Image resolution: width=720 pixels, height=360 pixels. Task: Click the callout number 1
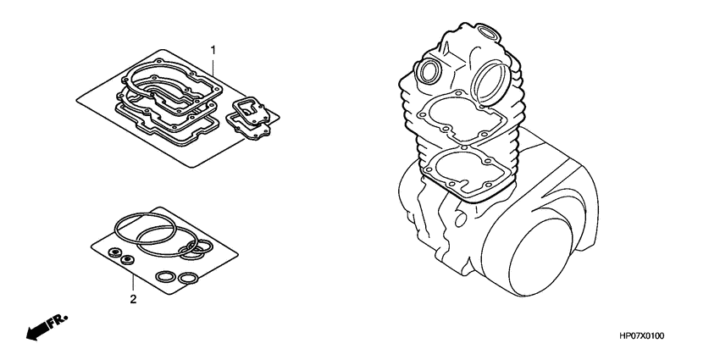coord(213,47)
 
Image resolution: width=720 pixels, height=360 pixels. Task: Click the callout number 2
coord(133,298)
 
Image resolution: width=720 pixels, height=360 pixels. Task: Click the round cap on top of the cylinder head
coord(489,34)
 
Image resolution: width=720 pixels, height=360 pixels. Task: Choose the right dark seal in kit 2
coord(130,259)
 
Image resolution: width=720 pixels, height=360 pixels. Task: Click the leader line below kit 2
coord(133,280)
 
